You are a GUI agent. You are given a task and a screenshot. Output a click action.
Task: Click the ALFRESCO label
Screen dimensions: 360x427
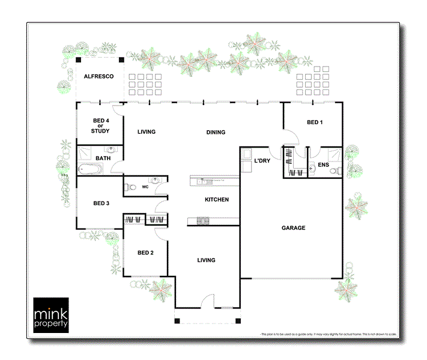coord(99,76)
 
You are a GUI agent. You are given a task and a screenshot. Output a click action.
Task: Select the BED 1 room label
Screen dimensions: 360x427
coord(315,122)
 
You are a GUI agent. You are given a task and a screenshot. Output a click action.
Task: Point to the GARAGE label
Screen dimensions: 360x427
coord(294,228)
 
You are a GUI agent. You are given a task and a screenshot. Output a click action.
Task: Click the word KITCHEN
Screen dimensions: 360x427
coord(216,199)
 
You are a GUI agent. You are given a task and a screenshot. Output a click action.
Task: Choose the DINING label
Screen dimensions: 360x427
coord(216,132)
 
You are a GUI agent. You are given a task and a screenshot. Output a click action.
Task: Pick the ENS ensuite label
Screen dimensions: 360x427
coord(323,164)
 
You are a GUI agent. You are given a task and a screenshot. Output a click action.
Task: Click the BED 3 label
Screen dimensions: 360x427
coord(101,203)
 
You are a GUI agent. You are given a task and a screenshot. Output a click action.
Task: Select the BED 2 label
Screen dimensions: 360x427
coord(145,253)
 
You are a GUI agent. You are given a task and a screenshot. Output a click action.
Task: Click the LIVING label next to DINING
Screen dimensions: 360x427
coord(147,132)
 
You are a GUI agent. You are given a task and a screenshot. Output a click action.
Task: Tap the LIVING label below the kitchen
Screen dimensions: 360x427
coord(206,260)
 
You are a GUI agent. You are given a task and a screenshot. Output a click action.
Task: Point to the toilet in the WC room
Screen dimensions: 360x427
coord(128,187)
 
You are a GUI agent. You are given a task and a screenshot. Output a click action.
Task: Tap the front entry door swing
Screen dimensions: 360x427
coord(207,302)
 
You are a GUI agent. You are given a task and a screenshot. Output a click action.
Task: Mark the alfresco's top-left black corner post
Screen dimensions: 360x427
coord(77,60)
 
